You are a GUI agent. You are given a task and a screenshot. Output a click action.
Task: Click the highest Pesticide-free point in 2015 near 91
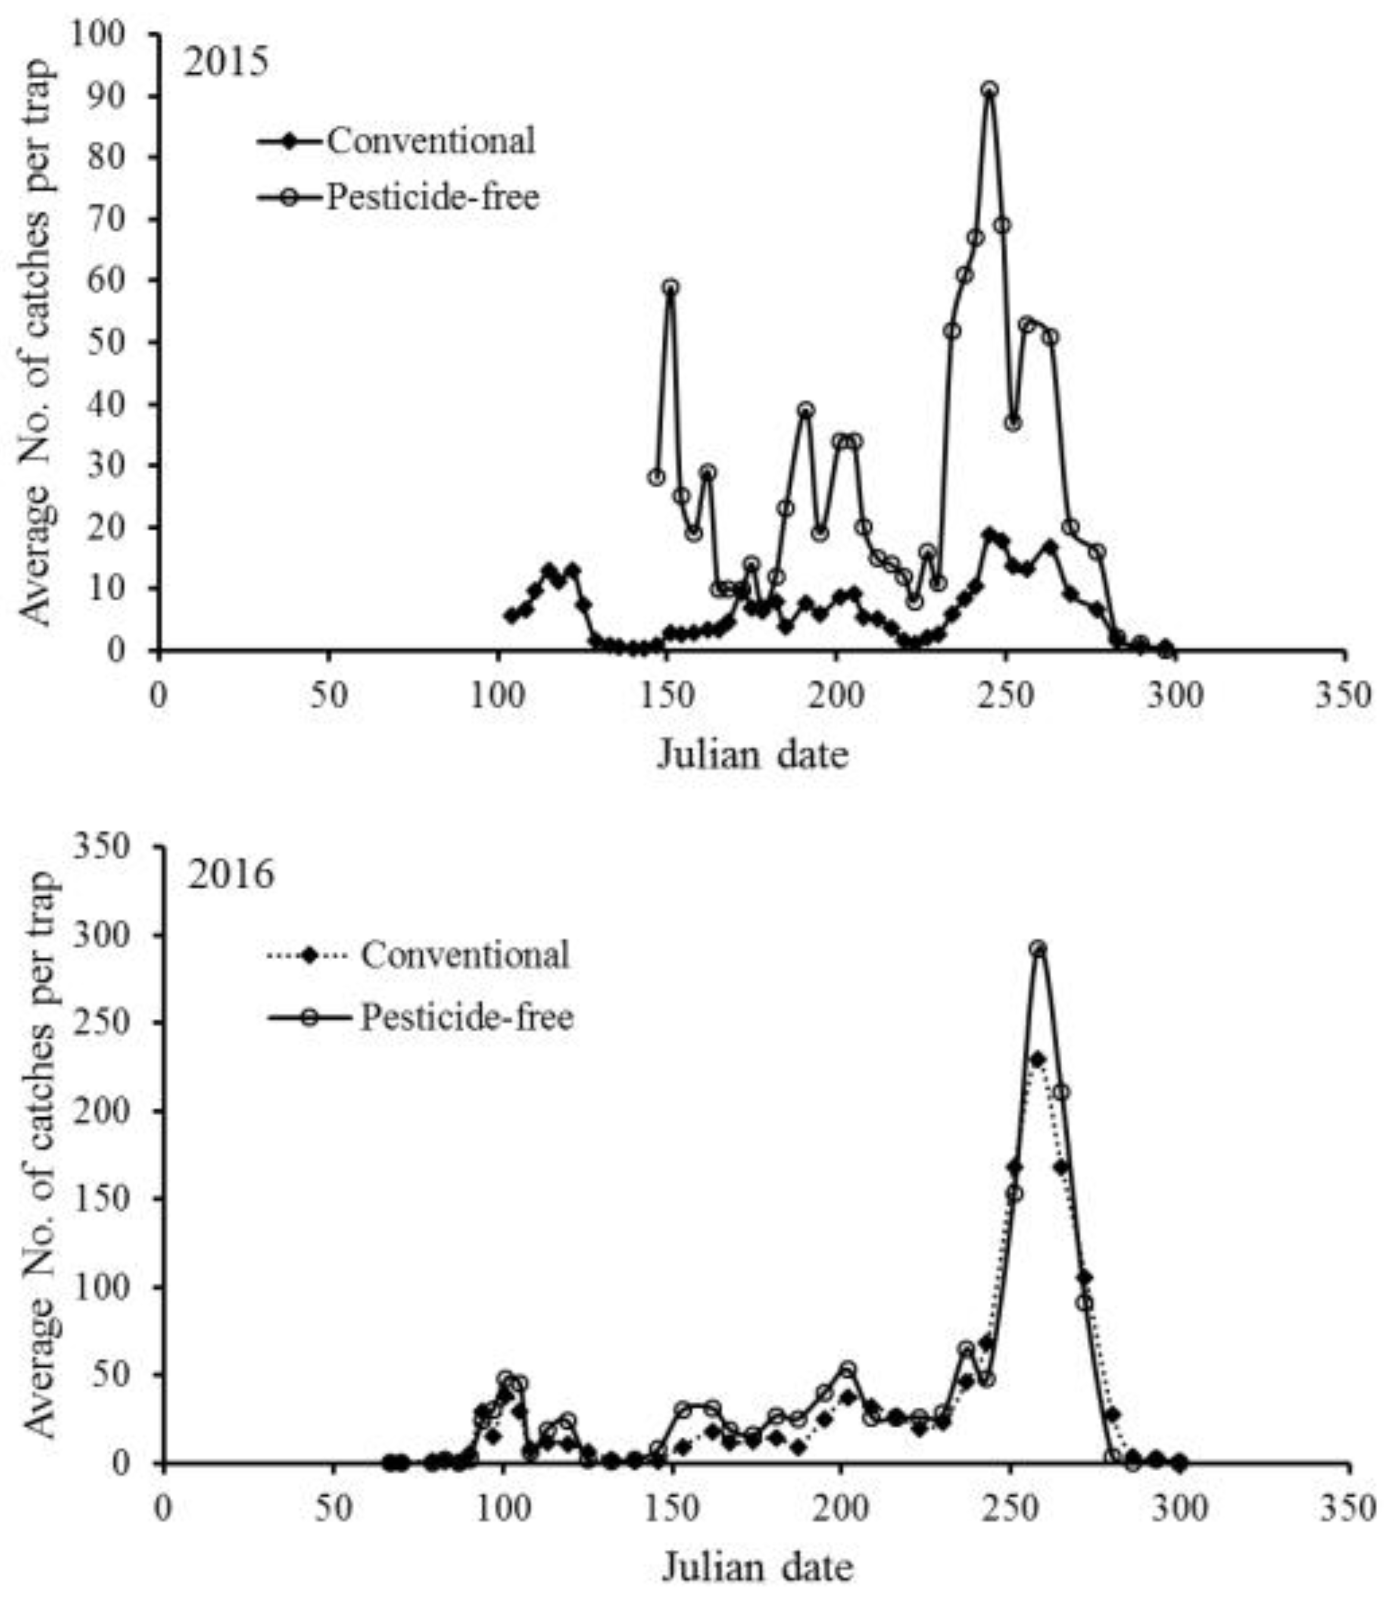pos(989,90)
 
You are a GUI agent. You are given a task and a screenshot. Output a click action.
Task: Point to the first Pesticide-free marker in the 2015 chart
pos(657,477)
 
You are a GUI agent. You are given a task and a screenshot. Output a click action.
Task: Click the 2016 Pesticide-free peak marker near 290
pos(1038,949)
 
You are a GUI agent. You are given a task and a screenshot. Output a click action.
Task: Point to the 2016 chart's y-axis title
pos(39,1156)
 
